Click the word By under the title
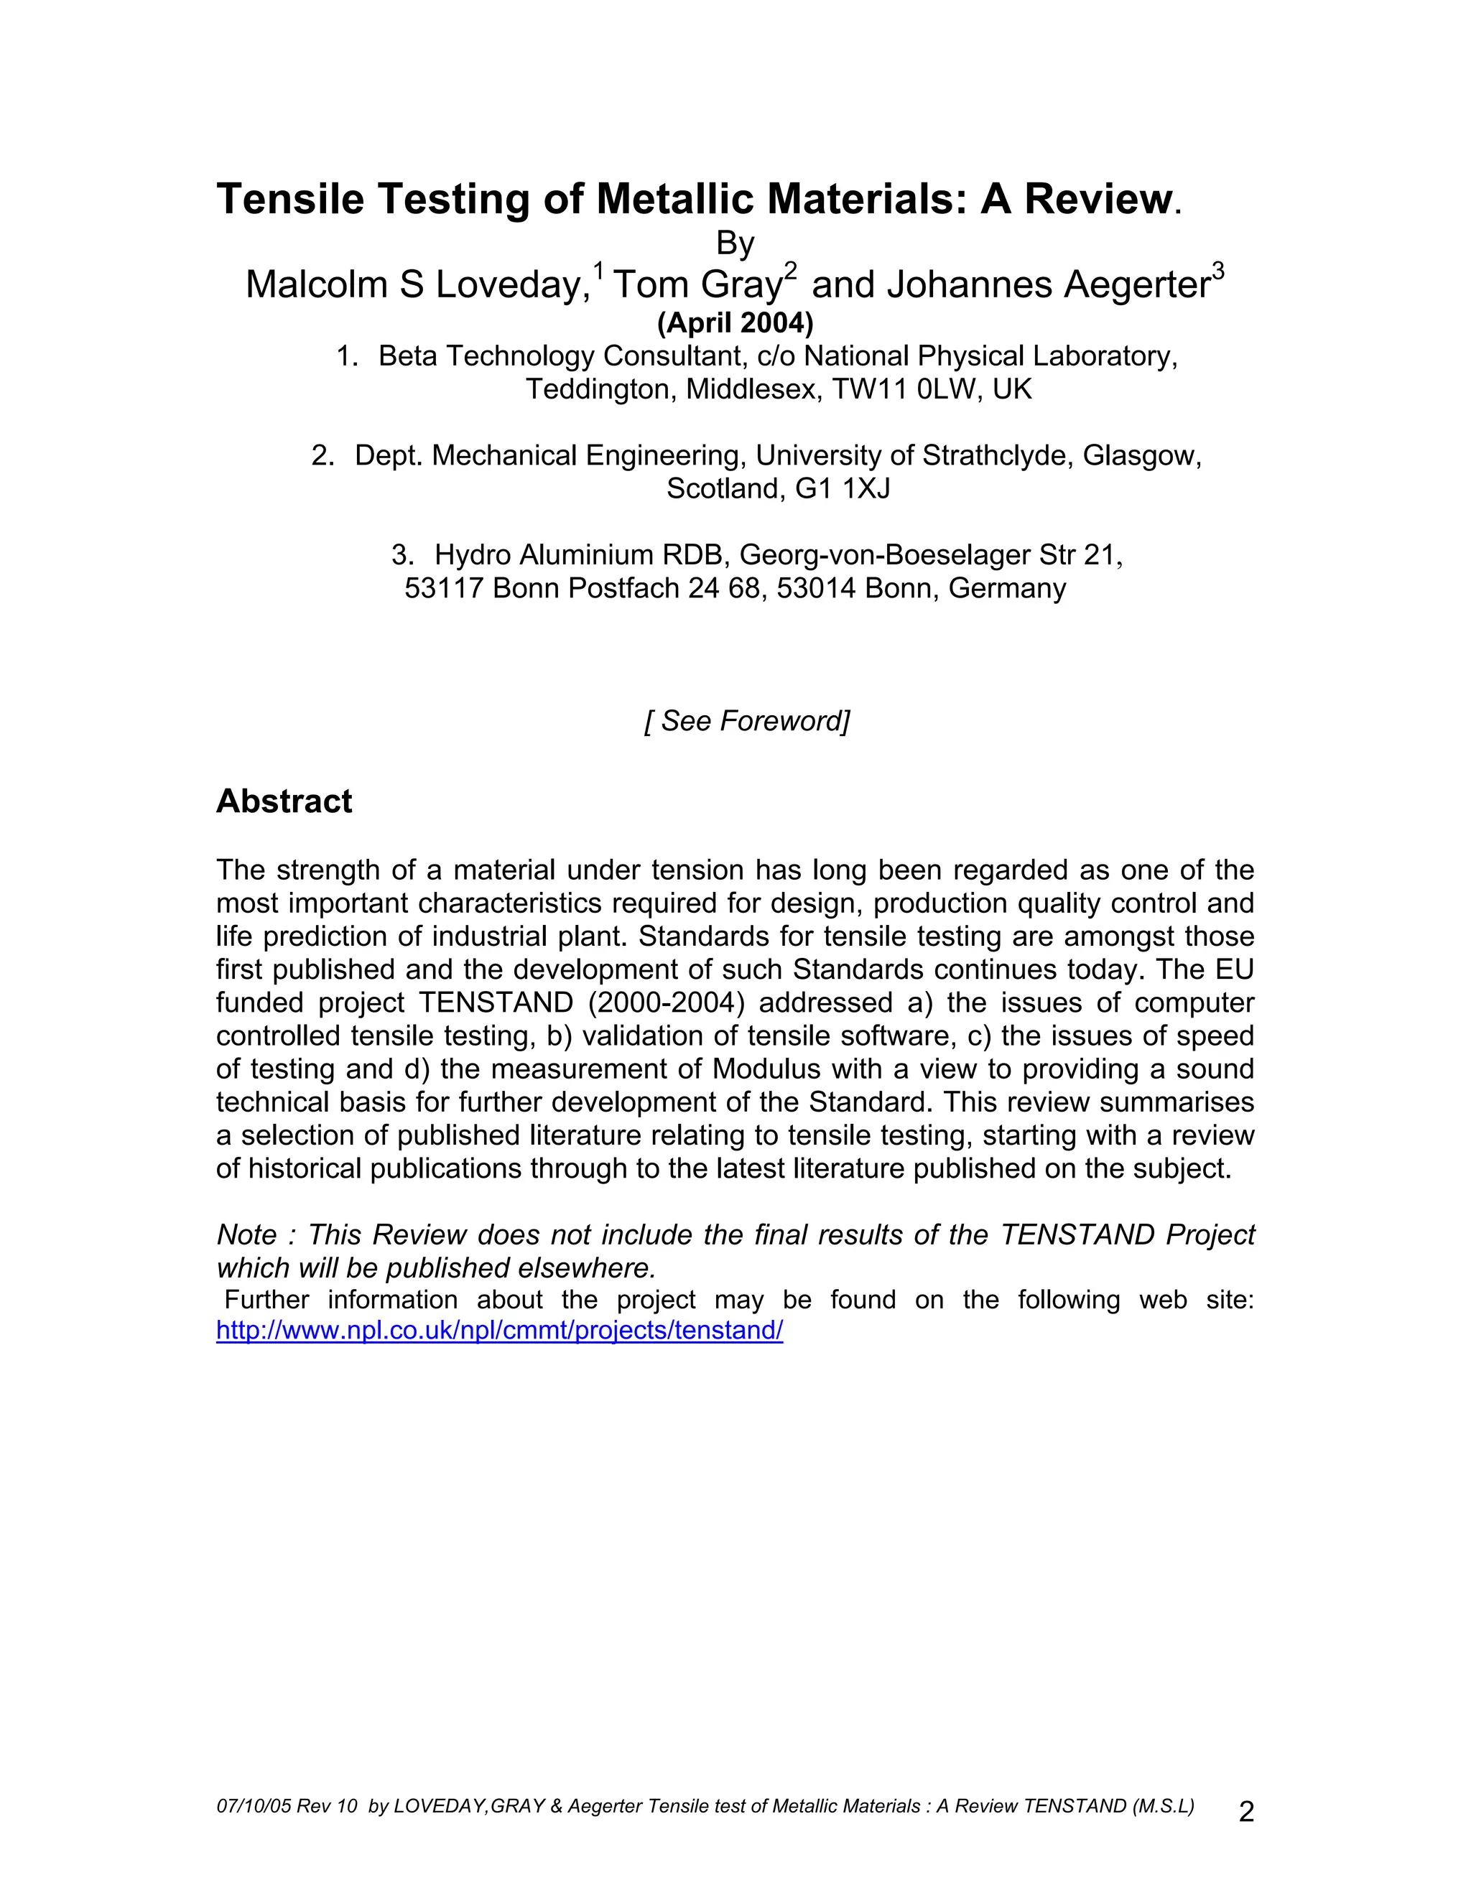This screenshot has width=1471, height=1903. point(735,243)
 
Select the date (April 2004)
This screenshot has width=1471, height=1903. point(735,323)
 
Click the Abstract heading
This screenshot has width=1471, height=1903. point(284,801)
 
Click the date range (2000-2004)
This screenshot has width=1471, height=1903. point(666,1003)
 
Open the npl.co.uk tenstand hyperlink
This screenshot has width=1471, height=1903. point(499,1331)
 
